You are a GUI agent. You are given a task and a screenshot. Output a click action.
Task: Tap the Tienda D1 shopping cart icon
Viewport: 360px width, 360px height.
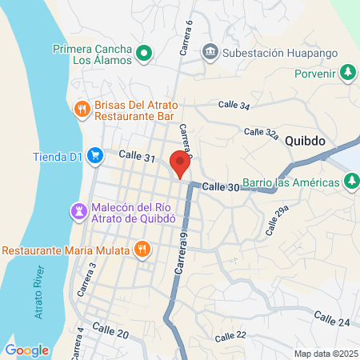pos(94,155)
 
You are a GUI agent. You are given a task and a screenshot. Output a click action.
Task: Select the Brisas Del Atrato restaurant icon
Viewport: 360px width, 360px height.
pos(81,109)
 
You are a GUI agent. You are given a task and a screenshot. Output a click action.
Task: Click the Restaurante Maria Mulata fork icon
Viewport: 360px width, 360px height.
pos(142,249)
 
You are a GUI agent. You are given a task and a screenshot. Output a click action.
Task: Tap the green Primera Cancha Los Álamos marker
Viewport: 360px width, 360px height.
pos(144,54)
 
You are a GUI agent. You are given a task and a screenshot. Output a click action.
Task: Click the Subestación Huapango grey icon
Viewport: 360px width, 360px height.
pos(210,53)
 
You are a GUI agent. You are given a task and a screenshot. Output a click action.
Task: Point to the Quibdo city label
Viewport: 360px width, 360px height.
pos(304,140)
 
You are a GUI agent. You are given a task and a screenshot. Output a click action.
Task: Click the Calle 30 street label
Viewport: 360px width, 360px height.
pos(221,186)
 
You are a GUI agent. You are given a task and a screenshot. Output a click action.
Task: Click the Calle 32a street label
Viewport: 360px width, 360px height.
pos(261,132)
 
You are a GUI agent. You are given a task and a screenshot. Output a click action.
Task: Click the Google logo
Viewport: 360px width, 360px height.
pos(26,350)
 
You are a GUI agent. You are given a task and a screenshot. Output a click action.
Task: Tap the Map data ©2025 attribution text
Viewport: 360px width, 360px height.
pos(324,354)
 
